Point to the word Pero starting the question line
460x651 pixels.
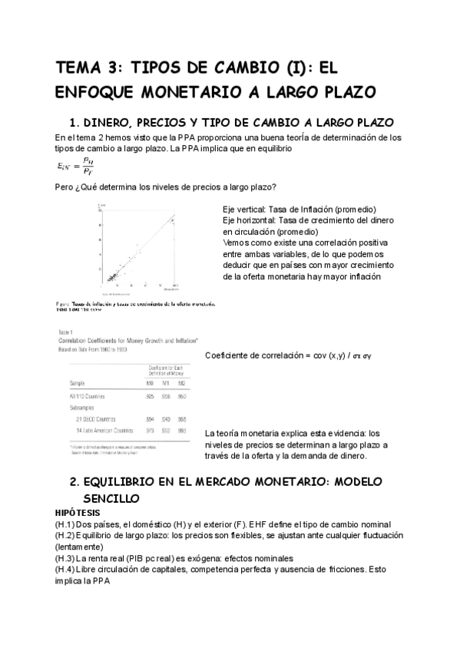coord(67,187)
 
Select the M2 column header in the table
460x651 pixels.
coord(180,382)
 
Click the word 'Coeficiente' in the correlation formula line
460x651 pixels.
coord(230,355)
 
